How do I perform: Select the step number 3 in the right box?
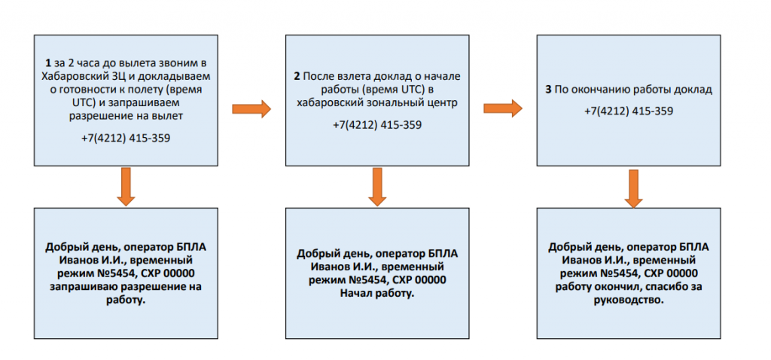point(548,89)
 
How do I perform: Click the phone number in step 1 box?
point(126,138)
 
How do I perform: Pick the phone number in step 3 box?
point(628,111)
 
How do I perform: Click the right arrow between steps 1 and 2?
point(251,109)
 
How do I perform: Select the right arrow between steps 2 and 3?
point(502,109)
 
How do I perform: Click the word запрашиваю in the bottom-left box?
point(83,286)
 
